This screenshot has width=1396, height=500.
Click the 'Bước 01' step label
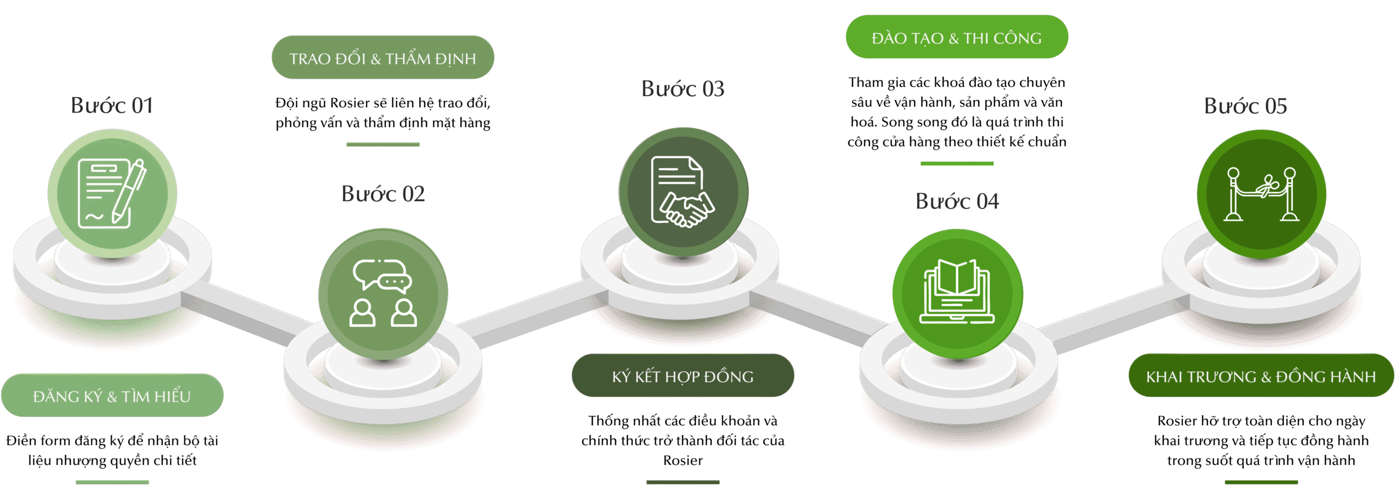pyautogui.click(x=112, y=105)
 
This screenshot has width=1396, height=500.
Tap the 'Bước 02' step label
pyautogui.click(x=383, y=194)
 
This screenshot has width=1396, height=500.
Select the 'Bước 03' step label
pyautogui.click(x=682, y=89)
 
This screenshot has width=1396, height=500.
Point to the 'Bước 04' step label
pyautogui.click(x=957, y=201)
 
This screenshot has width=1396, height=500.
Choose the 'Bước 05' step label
pyautogui.click(x=1245, y=106)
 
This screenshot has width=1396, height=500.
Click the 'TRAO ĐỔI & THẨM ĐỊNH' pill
pyautogui.click(x=382, y=58)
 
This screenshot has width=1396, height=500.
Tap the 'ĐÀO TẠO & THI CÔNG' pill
pyautogui.click(x=957, y=38)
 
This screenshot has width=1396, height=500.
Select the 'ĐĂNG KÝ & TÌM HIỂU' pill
pyautogui.click(x=112, y=396)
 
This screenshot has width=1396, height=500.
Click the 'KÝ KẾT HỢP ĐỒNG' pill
pyautogui.click(x=682, y=376)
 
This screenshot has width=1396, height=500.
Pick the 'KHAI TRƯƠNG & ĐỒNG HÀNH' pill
pyautogui.click(x=1261, y=376)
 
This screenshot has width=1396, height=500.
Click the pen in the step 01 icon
pyautogui.click(x=130, y=191)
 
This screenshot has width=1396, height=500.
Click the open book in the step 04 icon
pyautogui.click(x=957, y=278)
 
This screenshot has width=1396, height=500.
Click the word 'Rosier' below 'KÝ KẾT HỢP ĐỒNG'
pyautogui.click(x=682, y=461)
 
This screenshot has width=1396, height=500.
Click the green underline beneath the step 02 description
pyautogui.click(x=382, y=145)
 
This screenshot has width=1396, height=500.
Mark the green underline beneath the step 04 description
pyautogui.click(x=957, y=164)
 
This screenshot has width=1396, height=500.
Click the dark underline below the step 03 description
pyautogui.click(x=682, y=483)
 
